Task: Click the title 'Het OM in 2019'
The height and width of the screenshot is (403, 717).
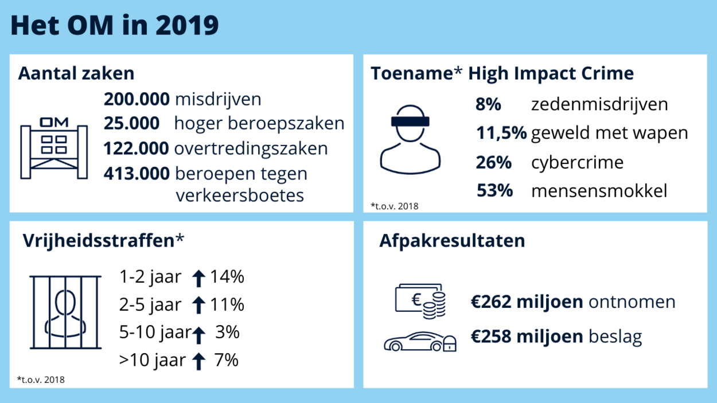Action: click(x=115, y=26)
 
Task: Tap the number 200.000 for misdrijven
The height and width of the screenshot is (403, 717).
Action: click(x=137, y=99)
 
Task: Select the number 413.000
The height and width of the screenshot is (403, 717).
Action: click(x=137, y=173)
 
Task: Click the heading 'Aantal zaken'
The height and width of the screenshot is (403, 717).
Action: click(x=76, y=73)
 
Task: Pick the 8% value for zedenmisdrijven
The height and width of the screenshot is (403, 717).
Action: click(x=489, y=104)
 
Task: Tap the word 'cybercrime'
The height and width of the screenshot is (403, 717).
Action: click(x=577, y=162)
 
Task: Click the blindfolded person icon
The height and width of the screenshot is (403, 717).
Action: click(x=410, y=139)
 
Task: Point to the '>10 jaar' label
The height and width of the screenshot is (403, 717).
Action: click(x=153, y=360)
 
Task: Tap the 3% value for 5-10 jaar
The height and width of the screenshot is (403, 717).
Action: click(x=227, y=332)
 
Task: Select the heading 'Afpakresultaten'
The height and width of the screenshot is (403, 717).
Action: click(x=452, y=241)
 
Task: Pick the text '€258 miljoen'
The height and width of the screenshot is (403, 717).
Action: click(x=527, y=337)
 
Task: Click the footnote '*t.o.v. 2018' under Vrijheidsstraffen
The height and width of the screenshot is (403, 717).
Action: click(x=41, y=379)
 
